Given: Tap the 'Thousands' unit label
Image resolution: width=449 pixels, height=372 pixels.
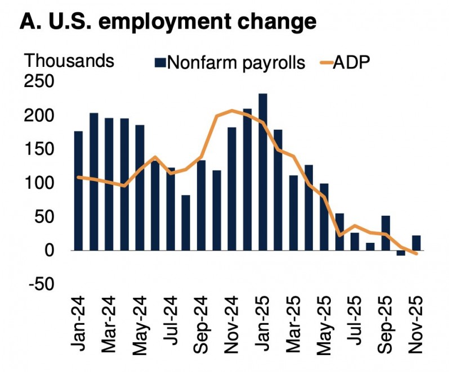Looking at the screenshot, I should tap(70, 60).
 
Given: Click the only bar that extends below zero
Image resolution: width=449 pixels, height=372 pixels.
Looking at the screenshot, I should tap(401, 253).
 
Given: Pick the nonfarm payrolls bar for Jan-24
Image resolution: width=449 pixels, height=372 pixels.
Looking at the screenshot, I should tap(78, 191).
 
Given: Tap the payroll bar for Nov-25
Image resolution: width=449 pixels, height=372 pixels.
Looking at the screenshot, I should tap(416, 243).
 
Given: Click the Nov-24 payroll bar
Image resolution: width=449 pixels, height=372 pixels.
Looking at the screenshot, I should tap(232, 189).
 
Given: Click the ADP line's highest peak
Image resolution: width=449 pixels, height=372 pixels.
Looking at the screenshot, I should tap(232, 110).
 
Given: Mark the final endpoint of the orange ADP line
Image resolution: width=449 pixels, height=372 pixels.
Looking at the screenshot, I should tap(416, 254).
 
